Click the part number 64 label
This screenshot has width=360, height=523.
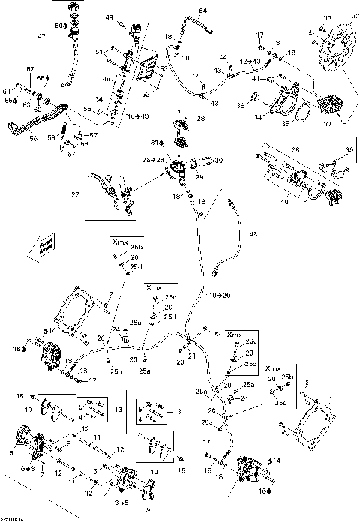tap(202, 10)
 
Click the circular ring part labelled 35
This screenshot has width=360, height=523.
tap(302, 116)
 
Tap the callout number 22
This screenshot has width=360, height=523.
tap(217, 332)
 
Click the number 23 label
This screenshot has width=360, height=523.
tap(180, 362)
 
